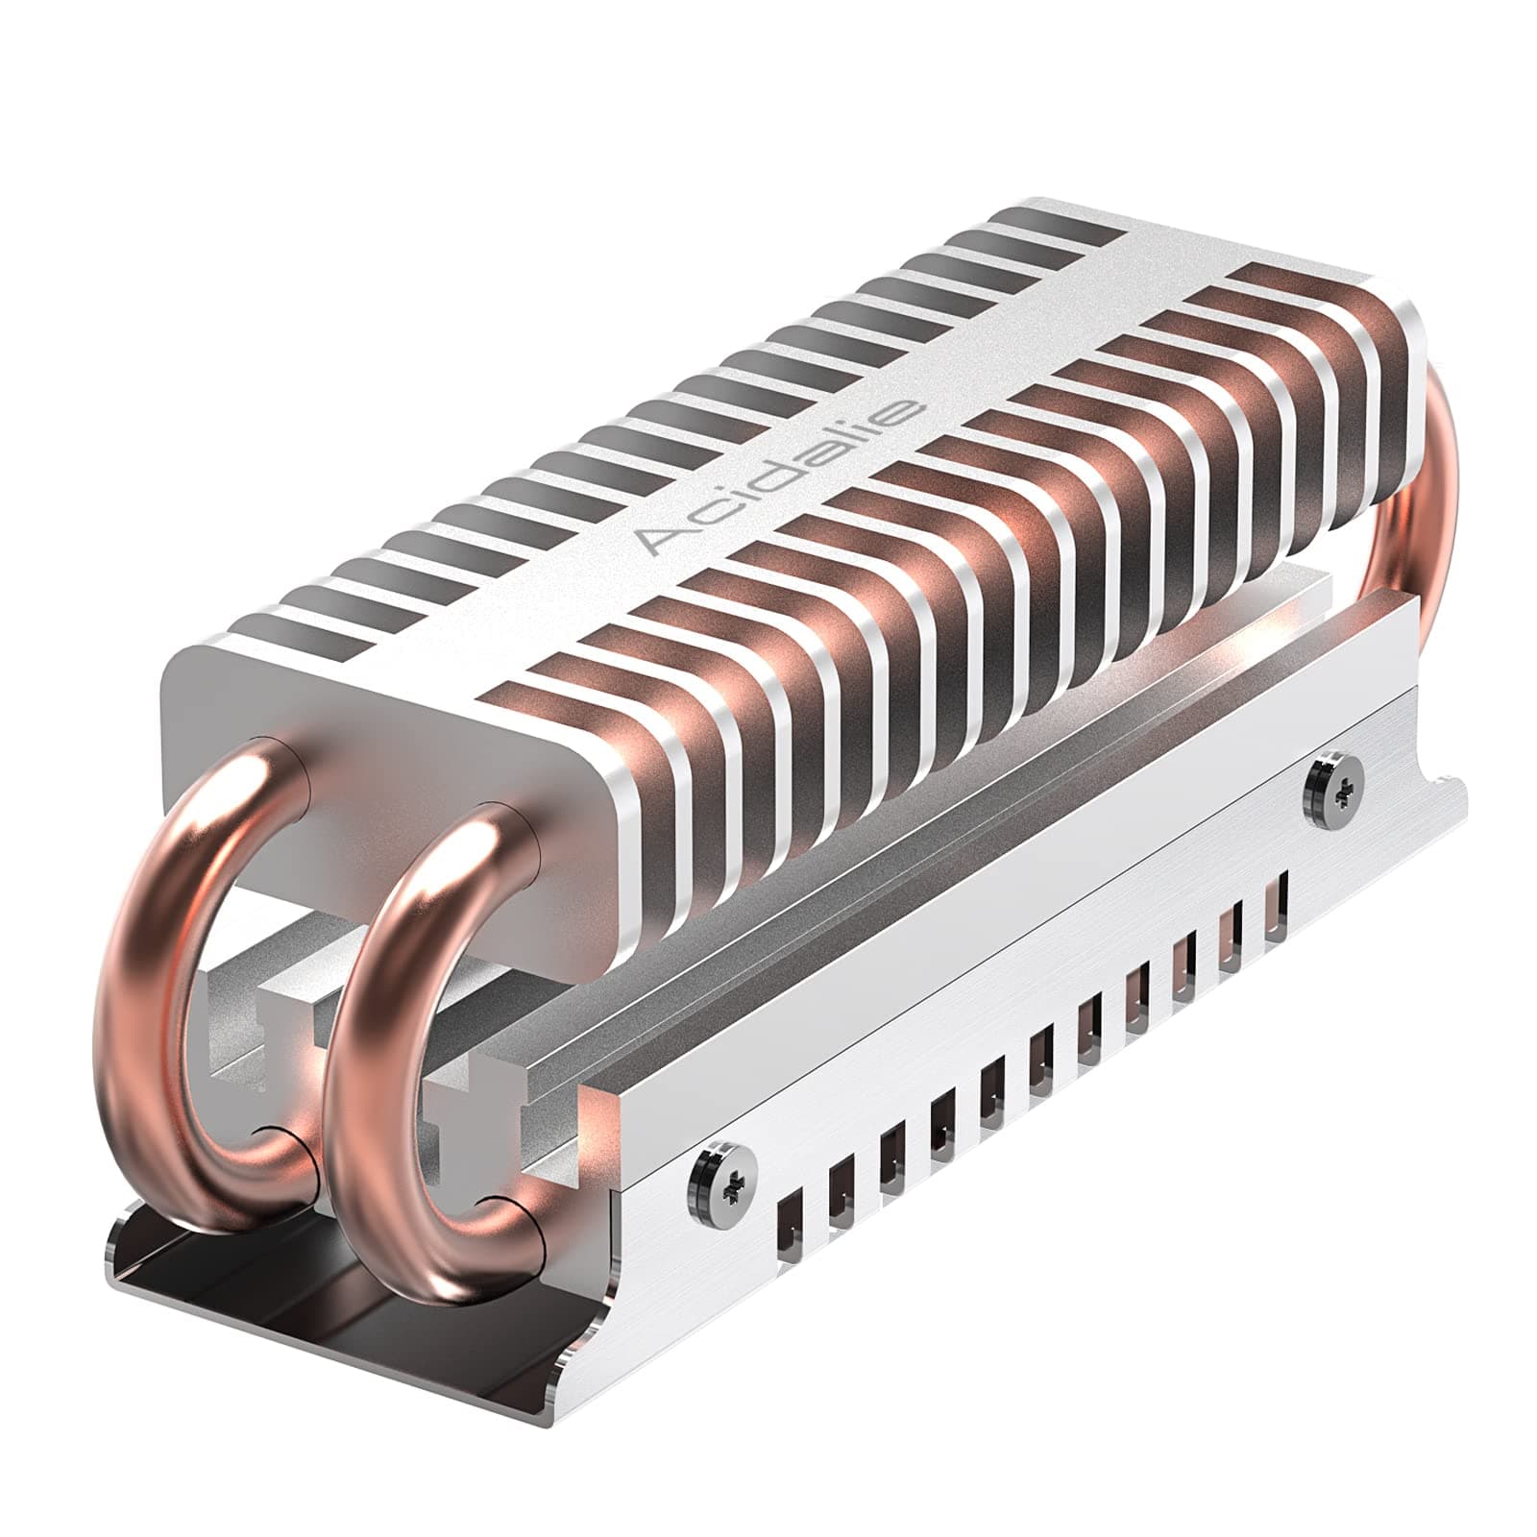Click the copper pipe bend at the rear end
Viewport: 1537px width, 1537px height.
click(x=1441, y=480)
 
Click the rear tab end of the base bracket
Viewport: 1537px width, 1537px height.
click(x=1441, y=797)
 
